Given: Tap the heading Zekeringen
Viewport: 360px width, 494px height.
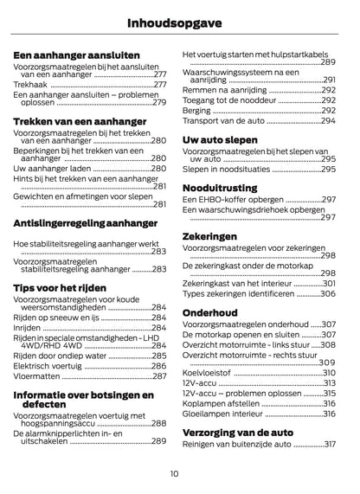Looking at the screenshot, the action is (209, 236).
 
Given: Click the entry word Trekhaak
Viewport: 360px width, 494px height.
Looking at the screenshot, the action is (30, 86).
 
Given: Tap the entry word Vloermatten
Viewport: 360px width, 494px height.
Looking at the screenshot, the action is (37, 376).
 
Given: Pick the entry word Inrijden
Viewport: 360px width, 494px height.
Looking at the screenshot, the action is (28, 329).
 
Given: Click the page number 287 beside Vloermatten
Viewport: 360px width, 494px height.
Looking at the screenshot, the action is (159, 376).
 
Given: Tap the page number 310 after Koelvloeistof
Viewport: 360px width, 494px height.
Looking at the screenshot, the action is (329, 372).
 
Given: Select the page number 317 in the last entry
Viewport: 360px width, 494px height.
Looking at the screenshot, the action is (329, 445).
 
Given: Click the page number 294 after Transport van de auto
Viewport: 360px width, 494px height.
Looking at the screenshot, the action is (329, 121).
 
